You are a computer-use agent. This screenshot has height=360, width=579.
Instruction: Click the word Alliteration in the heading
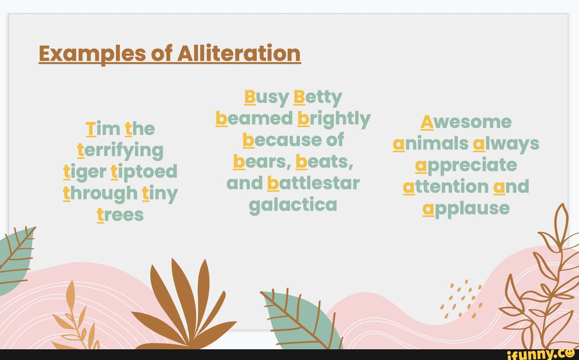click(x=239, y=53)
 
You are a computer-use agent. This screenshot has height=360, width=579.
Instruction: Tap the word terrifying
click(x=120, y=150)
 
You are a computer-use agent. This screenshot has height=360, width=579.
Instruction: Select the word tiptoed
click(x=144, y=172)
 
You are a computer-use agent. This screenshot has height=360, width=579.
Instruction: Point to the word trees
click(x=120, y=215)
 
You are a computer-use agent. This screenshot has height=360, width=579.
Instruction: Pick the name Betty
click(x=318, y=98)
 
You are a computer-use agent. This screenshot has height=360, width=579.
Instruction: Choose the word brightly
click(x=333, y=119)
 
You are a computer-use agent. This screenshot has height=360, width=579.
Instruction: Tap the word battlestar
click(x=313, y=183)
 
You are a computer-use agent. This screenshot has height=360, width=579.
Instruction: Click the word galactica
click(x=293, y=204)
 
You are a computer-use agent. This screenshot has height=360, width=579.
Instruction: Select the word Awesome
click(x=466, y=122)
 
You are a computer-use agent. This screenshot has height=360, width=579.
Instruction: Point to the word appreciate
click(x=466, y=165)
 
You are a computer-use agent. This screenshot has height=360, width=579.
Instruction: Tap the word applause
click(x=466, y=208)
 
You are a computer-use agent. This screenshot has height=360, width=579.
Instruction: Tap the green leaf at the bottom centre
click(x=303, y=319)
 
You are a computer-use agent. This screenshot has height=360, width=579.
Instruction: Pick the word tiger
click(x=84, y=172)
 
